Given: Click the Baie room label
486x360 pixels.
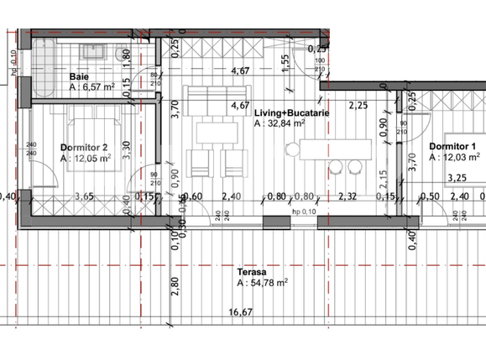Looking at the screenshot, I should [x=80, y=76].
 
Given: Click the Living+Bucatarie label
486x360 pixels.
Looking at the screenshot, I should [x=291, y=112].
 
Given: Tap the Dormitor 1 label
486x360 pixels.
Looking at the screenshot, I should [x=453, y=146].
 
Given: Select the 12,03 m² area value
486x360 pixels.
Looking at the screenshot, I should [x=458, y=157].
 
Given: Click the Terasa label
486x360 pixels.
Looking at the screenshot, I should [x=251, y=272].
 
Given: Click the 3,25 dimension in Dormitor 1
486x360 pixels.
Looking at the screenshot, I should [x=457, y=178].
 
